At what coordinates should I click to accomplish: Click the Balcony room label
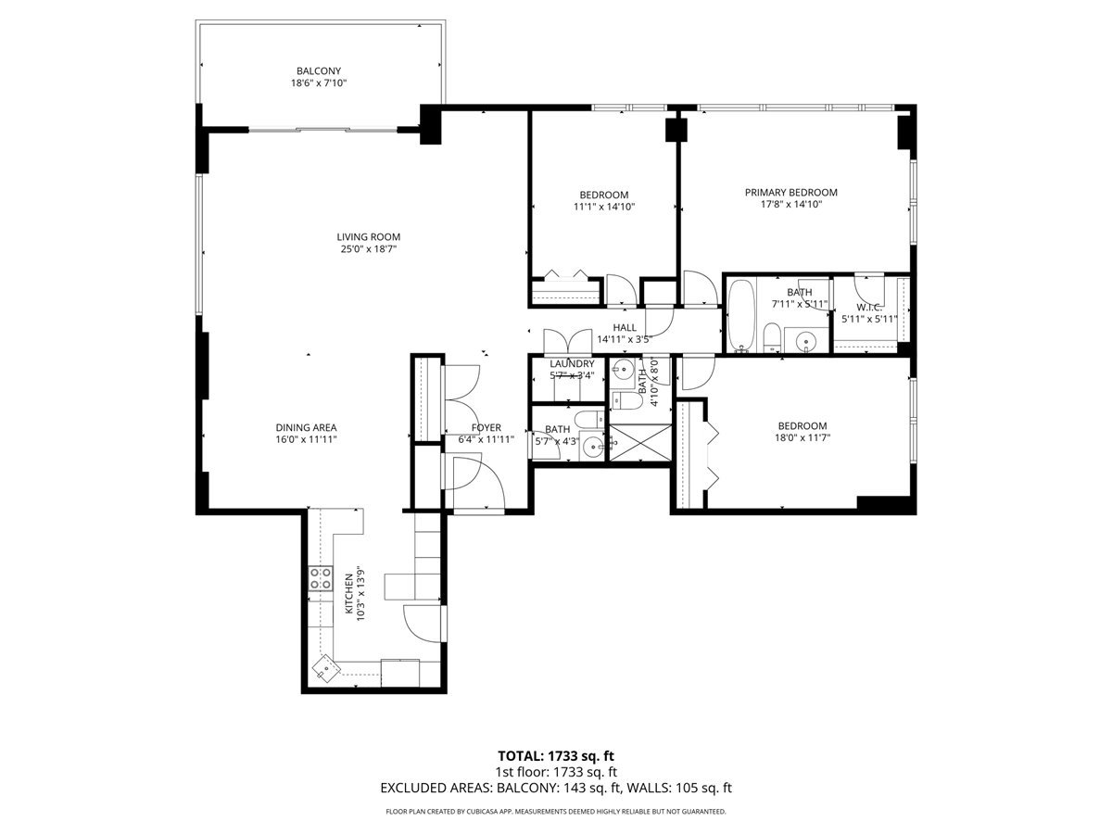(x=319, y=70)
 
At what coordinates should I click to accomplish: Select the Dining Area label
(x=305, y=427)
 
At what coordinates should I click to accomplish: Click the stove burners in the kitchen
(x=321, y=579)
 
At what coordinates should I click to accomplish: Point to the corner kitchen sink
(x=325, y=668)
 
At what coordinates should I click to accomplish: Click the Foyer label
(x=486, y=427)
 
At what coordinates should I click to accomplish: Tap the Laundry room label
(x=571, y=364)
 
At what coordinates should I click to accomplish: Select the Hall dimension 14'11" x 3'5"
(x=625, y=339)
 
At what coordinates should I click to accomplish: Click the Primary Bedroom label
(x=790, y=193)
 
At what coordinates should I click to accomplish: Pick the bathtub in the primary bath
(x=742, y=315)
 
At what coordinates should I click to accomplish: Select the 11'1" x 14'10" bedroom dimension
(x=603, y=207)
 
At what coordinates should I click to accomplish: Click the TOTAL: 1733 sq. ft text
(x=556, y=756)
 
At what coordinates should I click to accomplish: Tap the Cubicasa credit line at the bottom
(x=556, y=812)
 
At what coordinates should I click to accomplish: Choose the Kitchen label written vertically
(x=348, y=594)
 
